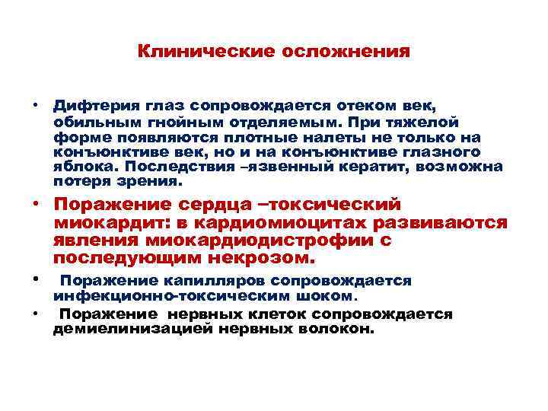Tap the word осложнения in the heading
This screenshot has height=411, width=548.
coord(346,53)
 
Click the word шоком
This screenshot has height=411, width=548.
coord(327,295)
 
